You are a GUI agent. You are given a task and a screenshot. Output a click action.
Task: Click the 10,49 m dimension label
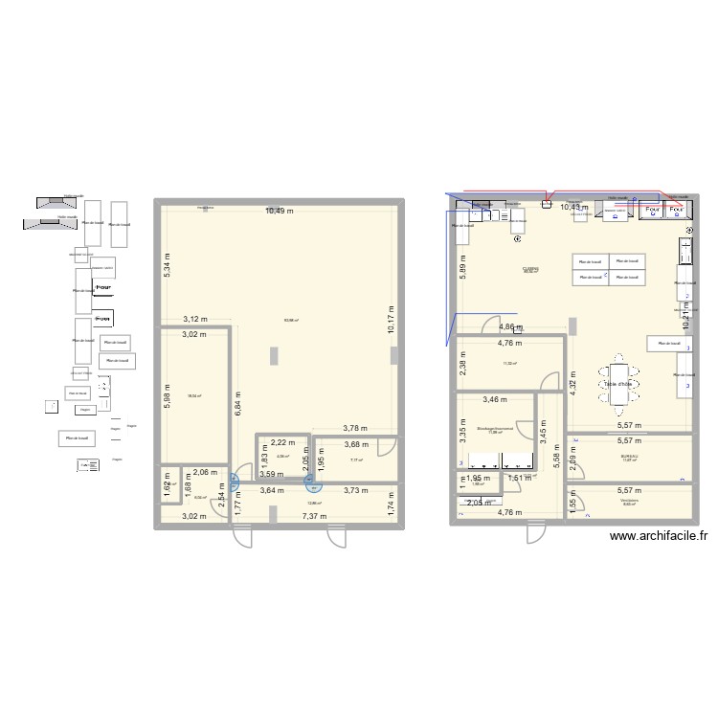280,211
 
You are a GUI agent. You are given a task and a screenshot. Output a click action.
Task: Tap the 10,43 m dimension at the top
574,207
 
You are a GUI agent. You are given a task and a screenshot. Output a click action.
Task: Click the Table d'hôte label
617,384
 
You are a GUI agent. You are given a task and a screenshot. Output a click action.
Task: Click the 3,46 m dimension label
496,399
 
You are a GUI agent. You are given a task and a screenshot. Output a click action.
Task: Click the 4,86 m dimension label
510,326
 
